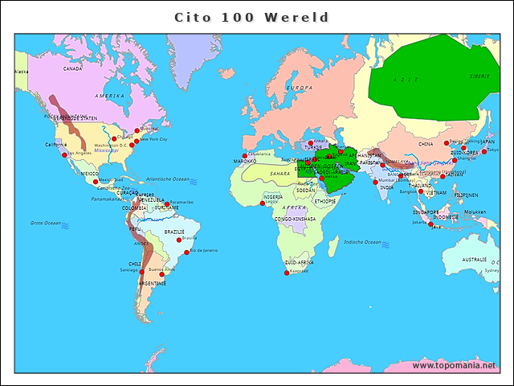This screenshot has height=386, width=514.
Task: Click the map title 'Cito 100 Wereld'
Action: click(x=252, y=17)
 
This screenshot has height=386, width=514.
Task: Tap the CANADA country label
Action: click(x=73, y=68)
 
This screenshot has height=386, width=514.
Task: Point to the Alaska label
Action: click(x=21, y=72)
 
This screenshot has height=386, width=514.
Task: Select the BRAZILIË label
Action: click(x=174, y=232)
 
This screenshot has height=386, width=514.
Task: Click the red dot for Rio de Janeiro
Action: click(x=187, y=253)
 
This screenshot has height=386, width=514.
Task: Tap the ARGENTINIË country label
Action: click(x=153, y=283)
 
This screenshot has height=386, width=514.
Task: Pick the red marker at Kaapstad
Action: click(x=287, y=273)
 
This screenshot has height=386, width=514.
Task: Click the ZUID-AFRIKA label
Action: click(x=299, y=263)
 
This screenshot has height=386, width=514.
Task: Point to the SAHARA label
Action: click(x=279, y=174)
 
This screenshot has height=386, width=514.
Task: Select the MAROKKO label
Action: click(x=245, y=162)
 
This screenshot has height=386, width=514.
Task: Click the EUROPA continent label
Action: click(x=299, y=88)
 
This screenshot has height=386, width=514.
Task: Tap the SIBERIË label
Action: click(x=479, y=76)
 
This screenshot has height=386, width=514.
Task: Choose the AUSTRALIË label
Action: click(x=474, y=260)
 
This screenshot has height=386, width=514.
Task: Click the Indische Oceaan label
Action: click(x=361, y=242)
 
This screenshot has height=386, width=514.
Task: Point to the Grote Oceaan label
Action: click(x=46, y=223)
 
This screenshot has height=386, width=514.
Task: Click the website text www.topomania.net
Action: click(x=455, y=365)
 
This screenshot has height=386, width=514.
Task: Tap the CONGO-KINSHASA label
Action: click(x=295, y=219)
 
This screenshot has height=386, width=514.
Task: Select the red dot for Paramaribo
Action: click(x=167, y=203)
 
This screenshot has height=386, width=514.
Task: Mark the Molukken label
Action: click(x=475, y=212)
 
